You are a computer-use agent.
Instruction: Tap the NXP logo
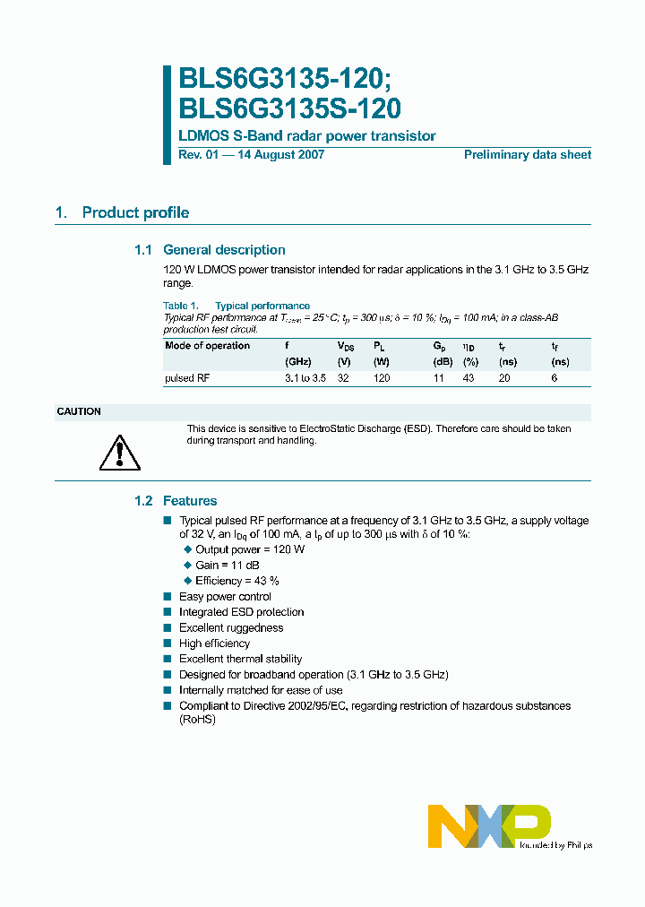489,825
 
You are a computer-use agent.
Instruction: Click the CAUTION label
79,412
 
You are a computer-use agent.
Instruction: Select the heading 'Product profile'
135,213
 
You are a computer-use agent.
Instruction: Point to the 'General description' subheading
224,250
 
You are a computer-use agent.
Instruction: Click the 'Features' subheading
190,501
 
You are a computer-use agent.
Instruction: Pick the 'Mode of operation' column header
208,346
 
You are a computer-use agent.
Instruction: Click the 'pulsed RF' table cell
187,378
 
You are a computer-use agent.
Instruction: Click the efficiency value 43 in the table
469,378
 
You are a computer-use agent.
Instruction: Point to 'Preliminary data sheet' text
527,155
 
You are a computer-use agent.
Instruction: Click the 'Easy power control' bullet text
225,597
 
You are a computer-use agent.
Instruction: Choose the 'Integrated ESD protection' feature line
241,612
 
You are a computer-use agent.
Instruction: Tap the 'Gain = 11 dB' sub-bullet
228,566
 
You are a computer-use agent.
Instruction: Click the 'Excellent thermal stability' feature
240,659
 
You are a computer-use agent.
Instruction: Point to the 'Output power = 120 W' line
250,549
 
